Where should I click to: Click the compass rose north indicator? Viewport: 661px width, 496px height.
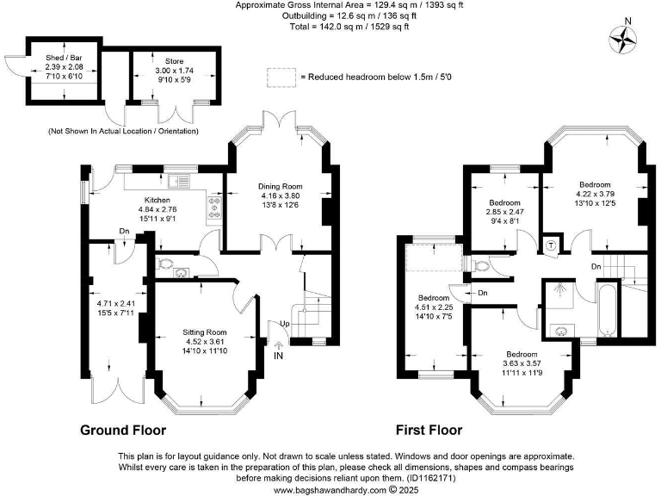pos(623,36)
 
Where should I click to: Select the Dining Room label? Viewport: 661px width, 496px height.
pos(281,186)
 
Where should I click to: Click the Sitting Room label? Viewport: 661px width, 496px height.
pos(204,332)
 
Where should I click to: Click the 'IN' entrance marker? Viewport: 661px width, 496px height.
pos(278,355)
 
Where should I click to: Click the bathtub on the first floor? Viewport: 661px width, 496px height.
pos(607,308)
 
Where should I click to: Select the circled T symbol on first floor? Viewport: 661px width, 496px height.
pos(552,244)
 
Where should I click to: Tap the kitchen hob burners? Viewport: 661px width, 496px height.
pos(213,205)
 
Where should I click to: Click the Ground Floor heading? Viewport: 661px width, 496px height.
pos(123,430)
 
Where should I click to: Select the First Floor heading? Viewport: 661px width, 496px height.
pos(429,430)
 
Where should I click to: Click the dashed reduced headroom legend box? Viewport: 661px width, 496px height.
pos(280,77)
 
